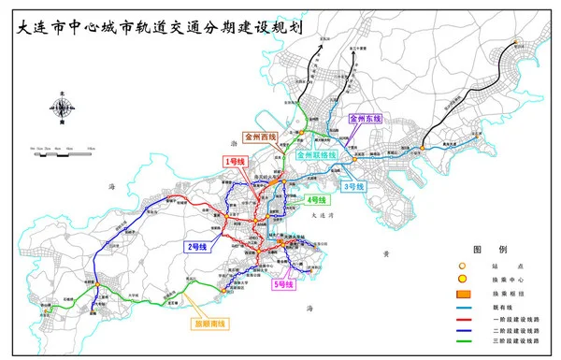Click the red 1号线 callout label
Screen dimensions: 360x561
pos(233,162)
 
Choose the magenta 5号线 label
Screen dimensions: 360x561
pos(282,283)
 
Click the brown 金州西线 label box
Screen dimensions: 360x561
pos(261,137)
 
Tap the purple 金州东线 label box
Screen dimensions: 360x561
pos(367,120)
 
